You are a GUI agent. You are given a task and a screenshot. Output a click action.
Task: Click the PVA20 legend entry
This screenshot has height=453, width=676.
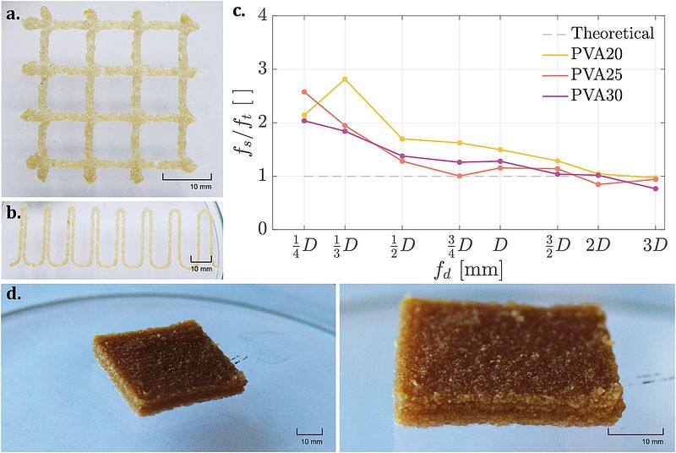pyautogui.click(x=602, y=54)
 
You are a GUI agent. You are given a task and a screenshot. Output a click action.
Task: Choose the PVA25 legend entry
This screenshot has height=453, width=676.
pyautogui.click(x=602, y=74)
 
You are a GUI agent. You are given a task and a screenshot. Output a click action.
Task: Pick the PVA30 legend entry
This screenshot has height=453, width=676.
pyautogui.click(x=602, y=95)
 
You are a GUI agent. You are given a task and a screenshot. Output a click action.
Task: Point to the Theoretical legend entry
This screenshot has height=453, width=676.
pyautogui.click(x=612, y=34)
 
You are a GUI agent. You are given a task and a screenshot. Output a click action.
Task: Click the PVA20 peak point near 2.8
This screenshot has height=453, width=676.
pyautogui.click(x=345, y=79)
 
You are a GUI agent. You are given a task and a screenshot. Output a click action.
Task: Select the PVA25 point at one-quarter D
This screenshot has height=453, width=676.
pyautogui.click(x=304, y=92)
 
